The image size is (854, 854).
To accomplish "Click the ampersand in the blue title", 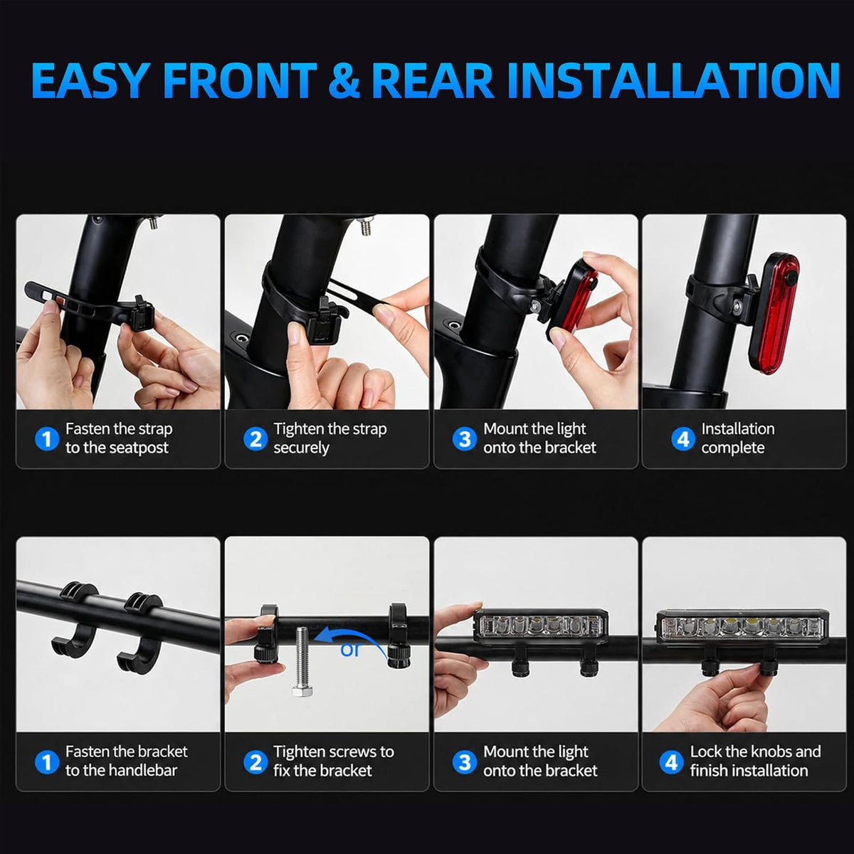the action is point(344,80).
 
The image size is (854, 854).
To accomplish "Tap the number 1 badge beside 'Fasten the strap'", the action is point(46,439).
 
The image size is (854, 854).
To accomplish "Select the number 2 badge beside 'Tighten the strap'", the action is point(255,439).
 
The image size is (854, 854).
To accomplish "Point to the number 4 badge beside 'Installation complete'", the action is point(683,439).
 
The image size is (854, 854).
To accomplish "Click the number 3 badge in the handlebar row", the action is point(464,761).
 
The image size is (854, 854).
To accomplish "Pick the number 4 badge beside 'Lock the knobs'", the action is point(671,761).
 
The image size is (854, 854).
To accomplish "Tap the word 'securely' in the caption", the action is point(301,448).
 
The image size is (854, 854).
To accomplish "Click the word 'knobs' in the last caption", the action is point(770,752).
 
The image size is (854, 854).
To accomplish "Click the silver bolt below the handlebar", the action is point(302,661).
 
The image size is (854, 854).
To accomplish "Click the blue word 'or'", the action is point(350,650).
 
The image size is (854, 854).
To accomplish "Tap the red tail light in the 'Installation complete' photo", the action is point(774,313).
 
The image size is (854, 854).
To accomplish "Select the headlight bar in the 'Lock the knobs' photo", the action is point(741,627).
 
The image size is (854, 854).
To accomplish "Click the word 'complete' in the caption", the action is point(733,448).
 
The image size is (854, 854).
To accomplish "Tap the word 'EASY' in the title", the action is point(89,80).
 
